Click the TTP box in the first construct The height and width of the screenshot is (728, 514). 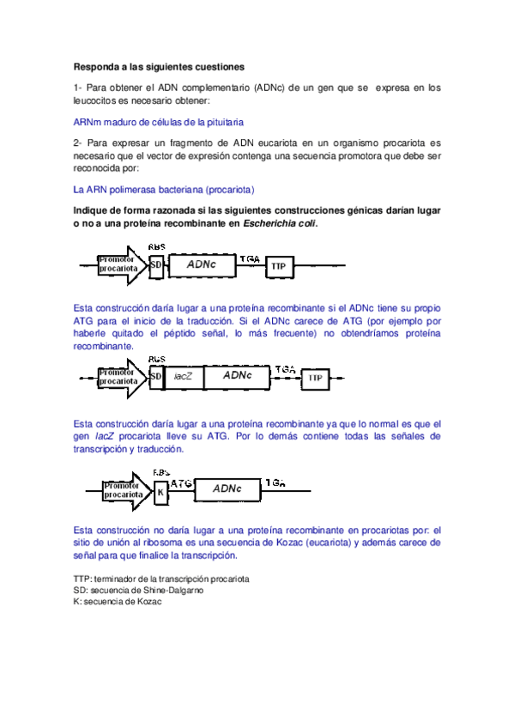[x=279, y=267]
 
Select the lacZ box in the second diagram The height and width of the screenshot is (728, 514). [x=181, y=376]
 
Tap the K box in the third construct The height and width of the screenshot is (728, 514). [x=160, y=492]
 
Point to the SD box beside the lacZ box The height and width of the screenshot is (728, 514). [x=155, y=376]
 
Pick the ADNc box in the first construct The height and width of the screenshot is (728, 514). [x=201, y=265]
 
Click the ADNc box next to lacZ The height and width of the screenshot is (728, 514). [x=236, y=376]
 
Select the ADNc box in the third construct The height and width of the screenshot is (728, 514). [x=227, y=488]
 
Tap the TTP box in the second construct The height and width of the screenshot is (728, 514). [x=315, y=378]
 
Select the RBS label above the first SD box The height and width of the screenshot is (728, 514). [x=156, y=246]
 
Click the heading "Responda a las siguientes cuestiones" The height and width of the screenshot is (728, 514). [x=159, y=66]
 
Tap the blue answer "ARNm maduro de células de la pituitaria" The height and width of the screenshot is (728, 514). [x=159, y=123]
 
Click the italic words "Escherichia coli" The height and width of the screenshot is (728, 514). [x=280, y=223]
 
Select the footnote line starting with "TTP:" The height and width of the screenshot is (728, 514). [x=161, y=579]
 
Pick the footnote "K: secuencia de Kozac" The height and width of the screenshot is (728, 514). [x=118, y=602]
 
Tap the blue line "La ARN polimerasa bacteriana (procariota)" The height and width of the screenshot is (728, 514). [x=164, y=190]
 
